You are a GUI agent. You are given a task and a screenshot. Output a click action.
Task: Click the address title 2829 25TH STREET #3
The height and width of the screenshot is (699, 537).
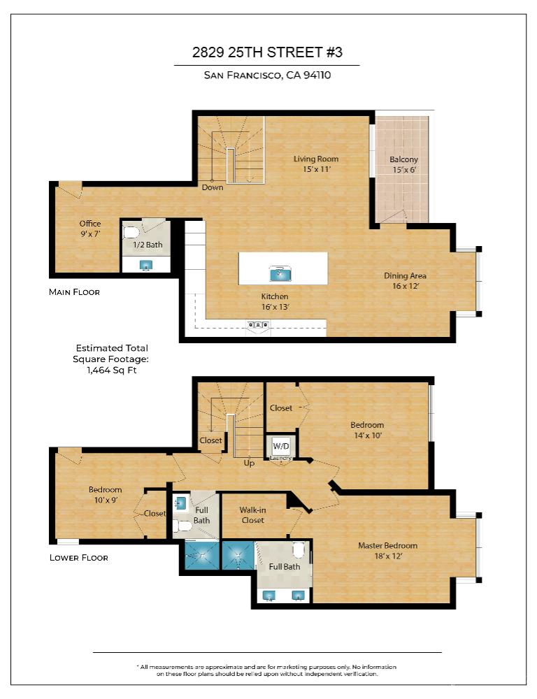click(267, 52)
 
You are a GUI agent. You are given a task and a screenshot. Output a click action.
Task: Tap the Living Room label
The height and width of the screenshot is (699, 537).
click(315, 164)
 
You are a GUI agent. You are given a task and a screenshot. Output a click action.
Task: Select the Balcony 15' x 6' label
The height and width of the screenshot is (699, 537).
click(403, 164)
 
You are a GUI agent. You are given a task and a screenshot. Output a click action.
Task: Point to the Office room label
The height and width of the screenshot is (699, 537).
click(89, 229)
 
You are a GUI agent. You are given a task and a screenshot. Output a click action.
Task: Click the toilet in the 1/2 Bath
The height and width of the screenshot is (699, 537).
click(131, 231)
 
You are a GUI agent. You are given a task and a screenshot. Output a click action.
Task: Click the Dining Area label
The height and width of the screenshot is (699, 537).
click(405, 280)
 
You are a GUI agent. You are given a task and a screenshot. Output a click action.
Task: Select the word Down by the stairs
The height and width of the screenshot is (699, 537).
click(213, 187)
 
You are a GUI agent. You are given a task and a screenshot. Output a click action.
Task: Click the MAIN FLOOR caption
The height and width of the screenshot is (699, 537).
click(74, 292)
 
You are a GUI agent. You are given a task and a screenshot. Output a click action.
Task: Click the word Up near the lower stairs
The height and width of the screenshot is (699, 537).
click(248, 463)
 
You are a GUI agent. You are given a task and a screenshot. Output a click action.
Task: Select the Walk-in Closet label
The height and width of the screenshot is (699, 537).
click(252, 515)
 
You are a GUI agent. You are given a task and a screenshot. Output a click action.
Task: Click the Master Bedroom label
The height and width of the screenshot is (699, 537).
click(387, 550)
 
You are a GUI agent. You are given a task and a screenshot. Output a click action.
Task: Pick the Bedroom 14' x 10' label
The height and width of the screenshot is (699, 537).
click(367, 429)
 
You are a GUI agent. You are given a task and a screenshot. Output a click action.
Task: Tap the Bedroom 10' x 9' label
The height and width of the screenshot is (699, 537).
click(105, 494)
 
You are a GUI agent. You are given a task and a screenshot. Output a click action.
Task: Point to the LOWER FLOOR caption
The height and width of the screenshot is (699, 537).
click(78, 558)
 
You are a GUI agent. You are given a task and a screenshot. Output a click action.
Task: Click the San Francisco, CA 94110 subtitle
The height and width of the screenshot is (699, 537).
click(267, 75)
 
